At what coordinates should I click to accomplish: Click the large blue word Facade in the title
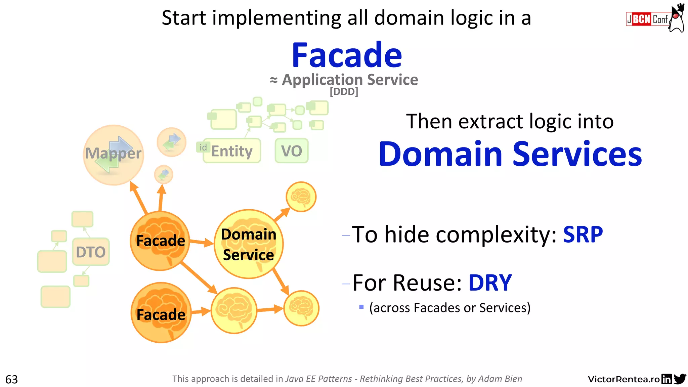[347, 55]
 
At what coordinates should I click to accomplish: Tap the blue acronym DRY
[490, 283]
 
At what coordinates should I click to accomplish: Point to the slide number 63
[11, 379]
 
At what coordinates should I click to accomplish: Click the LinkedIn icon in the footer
[666, 379]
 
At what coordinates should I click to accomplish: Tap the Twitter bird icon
[680, 379]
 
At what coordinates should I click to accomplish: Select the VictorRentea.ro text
[623, 379]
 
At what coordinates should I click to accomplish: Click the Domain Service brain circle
[249, 244]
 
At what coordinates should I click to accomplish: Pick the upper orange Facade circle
[160, 241]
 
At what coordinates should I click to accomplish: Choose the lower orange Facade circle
[161, 313]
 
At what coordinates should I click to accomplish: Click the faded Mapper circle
[114, 155]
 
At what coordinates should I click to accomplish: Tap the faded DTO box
[91, 252]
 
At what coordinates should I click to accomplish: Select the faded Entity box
[232, 151]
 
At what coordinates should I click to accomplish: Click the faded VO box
[291, 151]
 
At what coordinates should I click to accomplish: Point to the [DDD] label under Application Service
[344, 91]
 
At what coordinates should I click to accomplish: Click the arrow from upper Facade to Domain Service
[202, 242]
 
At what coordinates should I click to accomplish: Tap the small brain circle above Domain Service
[301, 197]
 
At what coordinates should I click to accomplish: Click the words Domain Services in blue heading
[510, 154]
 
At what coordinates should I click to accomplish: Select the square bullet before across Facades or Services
[361, 307]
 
